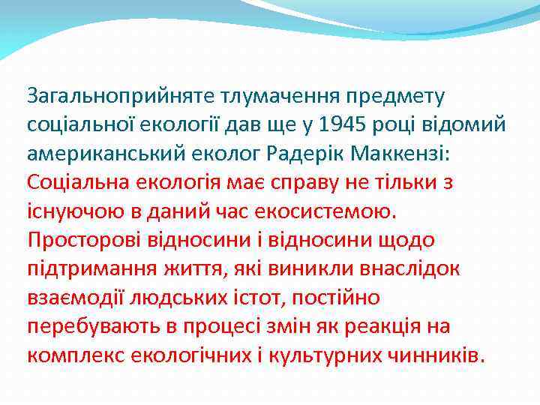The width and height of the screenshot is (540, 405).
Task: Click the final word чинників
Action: click(441, 355)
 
